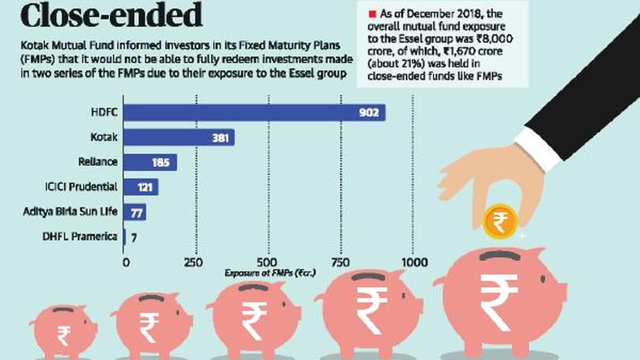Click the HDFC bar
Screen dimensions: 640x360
pos(254,113)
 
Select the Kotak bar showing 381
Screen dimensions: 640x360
pos(179,138)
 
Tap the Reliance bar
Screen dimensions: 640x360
pos(150,162)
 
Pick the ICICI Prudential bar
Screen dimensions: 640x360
pos(141,187)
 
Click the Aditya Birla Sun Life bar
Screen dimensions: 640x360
pos(134,212)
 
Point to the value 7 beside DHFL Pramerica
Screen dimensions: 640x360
pos(134,238)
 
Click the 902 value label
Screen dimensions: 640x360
pos(369,113)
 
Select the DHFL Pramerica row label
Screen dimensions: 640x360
pos(79,237)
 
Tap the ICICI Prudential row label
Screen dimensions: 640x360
pos(81,187)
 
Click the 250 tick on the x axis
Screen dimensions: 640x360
pos(194,262)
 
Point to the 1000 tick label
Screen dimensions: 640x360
pos(414,262)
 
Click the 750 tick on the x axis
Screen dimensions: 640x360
pos(340,262)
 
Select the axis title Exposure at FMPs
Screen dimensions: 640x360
pos(270,273)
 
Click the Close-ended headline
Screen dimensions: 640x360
pos(111,14)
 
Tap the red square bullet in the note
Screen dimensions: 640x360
pos(372,14)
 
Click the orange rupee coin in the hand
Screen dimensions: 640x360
pos(500,221)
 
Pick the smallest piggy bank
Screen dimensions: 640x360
pos(63,331)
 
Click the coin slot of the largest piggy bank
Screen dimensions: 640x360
pos(499,255)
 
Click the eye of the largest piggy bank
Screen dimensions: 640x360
pos(543,279)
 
